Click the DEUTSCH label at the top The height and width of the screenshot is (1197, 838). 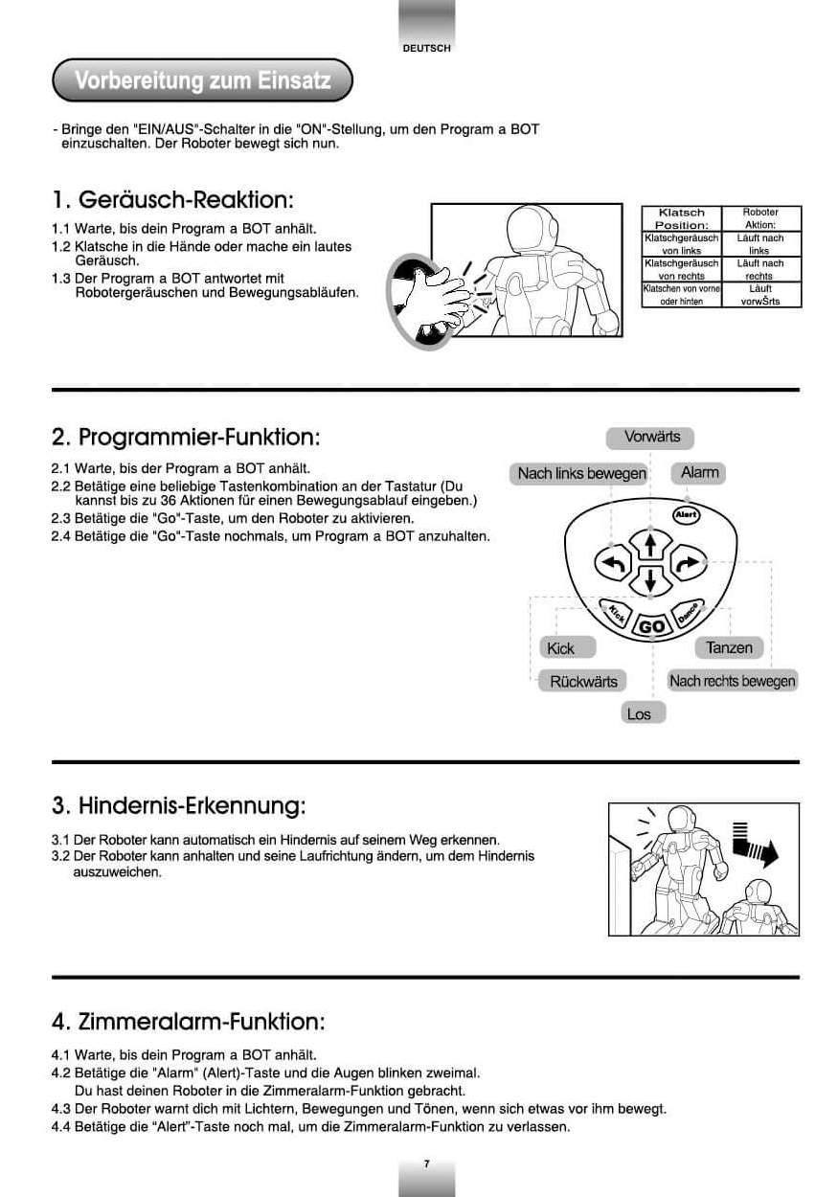pos(426,48)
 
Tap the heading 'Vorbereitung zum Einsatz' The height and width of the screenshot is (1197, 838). pos(202,80)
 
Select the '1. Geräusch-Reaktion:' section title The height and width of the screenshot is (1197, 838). pos(172,200)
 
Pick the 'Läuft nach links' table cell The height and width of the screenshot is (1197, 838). pos(760,244)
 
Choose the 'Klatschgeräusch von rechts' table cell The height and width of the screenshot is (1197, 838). pos(681,269)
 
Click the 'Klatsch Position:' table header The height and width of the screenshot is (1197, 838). pos(681,218)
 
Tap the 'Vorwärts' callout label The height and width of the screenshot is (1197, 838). pos(651,437)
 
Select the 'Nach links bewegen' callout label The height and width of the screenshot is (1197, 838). pos(581,473)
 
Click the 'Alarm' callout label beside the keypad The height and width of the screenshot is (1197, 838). pos(699,472)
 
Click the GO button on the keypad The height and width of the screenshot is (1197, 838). pos(651,626)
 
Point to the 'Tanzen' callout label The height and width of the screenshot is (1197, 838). pos(728,647)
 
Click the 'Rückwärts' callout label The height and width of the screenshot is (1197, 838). pos(583,681)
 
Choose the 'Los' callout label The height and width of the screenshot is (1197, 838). pos(639,713)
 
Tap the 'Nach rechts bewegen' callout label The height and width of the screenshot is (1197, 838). pos(732,681)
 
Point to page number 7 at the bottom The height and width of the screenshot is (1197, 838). pos(426,1163)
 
